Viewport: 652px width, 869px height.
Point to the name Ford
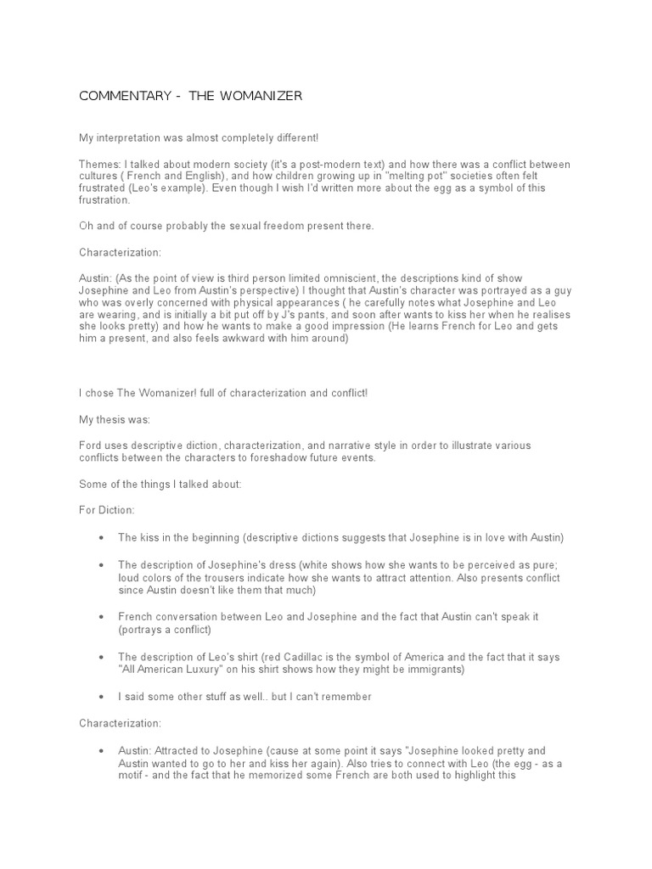pyautogui.click(x=91, y=446)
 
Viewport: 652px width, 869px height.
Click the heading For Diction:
pyautogui.click(x=104, y=511)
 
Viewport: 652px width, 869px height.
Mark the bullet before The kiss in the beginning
pyautogui.click(x=103, y=538)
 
